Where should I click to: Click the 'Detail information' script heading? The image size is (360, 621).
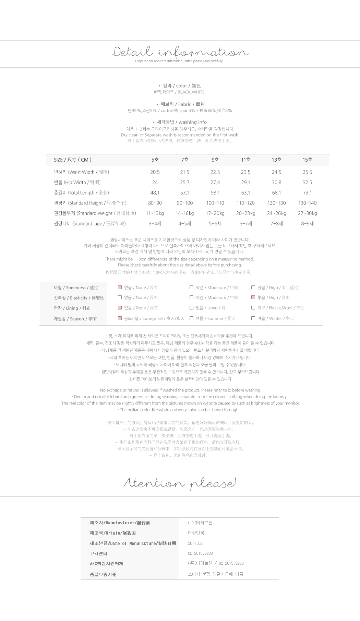click(x=180, y=52)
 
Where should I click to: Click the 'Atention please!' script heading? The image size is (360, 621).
click(x=180, y=483)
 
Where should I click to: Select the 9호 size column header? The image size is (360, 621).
click(x=215, y=160)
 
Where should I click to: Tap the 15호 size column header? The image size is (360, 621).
click(x=307, y=160)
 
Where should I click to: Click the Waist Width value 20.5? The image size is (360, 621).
click(x=155, y=172)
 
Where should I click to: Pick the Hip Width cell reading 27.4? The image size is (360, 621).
click(x=215, y=183)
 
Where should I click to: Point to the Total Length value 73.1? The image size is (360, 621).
click(x=307, y=193)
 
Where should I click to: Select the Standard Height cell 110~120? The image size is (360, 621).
click(x=245, y=203)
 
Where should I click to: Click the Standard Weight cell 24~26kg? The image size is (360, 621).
click(x=276, y=213)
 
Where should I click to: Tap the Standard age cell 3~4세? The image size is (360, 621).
click(x=155, y=224)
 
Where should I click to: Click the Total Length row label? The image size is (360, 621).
click(x=81, y=193)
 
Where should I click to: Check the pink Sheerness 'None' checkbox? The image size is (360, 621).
click(x=120, y=288)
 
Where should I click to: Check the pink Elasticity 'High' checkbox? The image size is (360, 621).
click(x=253, y=297)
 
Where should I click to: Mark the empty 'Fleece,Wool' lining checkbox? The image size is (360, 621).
click(x=253, y=308)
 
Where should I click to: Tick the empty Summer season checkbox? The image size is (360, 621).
click(x=191, y=318)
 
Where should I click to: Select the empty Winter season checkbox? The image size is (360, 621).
click(x=253, y=318)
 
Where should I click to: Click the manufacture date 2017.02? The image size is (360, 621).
click(x=195, y=543)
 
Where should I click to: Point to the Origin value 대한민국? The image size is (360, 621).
click(x=196, y=533)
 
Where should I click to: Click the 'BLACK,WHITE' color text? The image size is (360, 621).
click(x=191, y=92)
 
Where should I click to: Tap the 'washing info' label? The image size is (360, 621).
click(x=192, y=122)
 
